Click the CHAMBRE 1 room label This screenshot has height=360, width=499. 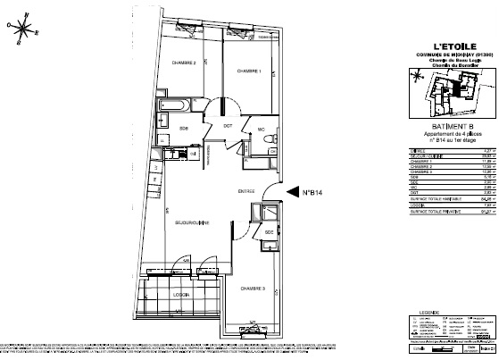click(x=248, y=71)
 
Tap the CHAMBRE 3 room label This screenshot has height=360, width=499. click(x=253, y=289)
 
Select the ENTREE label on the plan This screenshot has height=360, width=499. click(x=221, y=190)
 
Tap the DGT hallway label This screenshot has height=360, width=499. click(x=228, y=126)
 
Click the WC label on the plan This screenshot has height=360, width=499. click(x=262, y=130)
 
